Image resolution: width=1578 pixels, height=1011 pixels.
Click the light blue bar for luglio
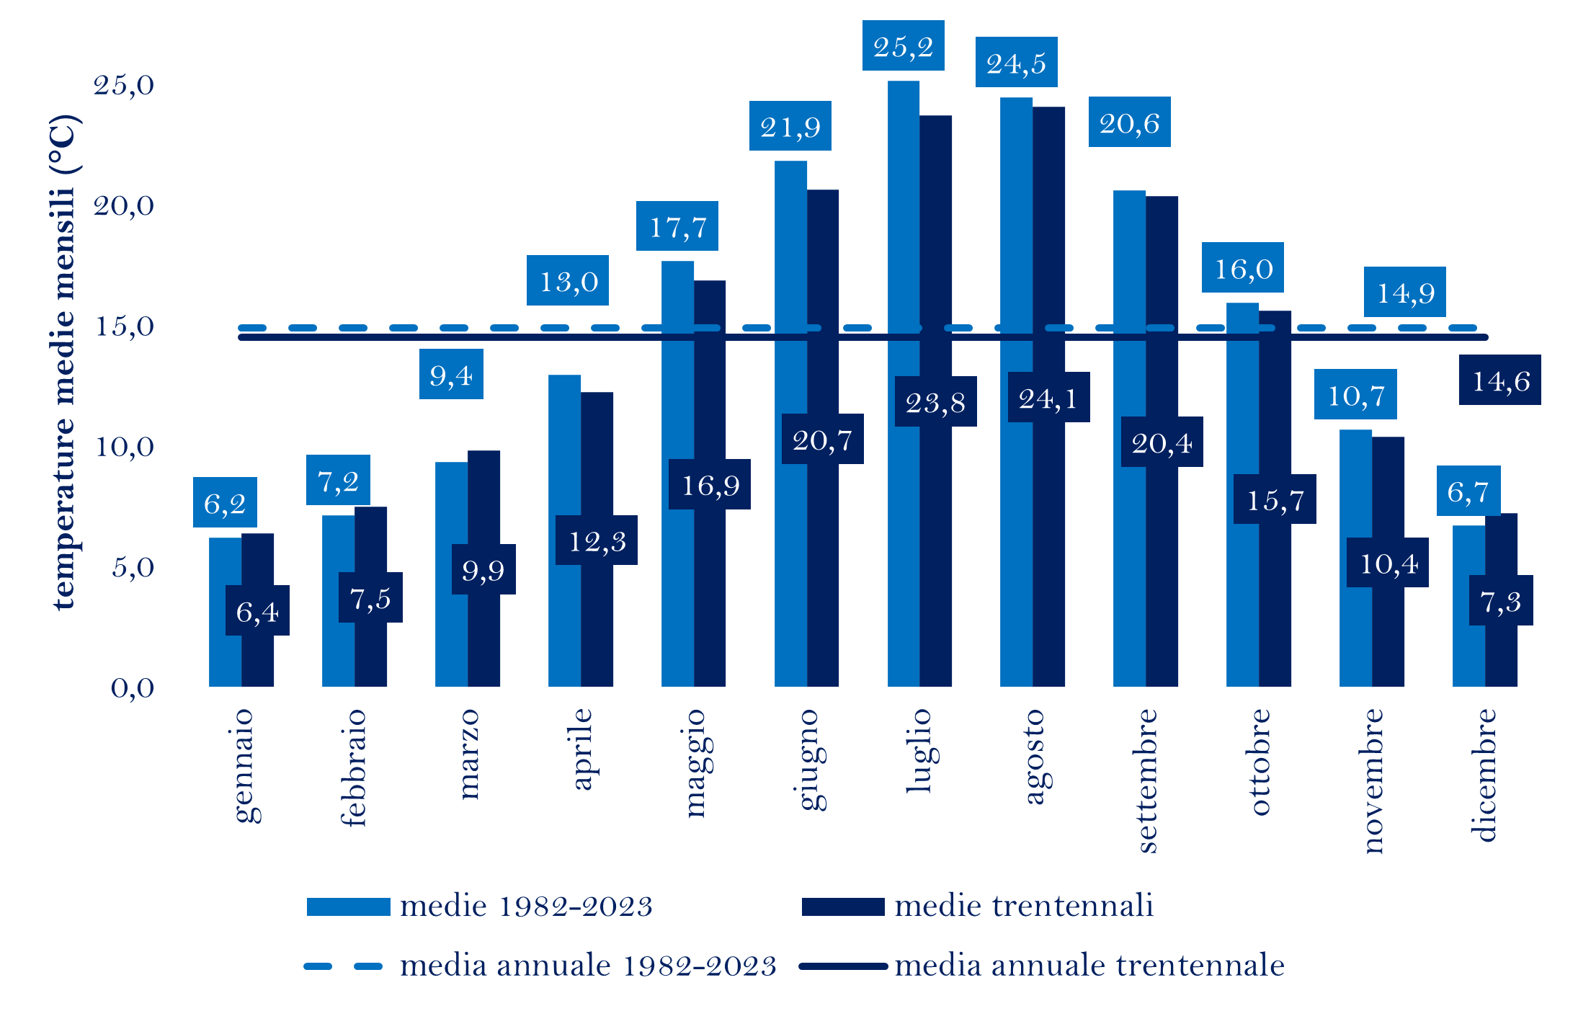coord(903,382)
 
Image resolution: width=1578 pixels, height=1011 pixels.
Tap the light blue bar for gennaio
coord(225,613)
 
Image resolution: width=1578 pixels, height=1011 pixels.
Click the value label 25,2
coord(903,46)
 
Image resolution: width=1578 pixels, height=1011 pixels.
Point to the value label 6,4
coord(257,611)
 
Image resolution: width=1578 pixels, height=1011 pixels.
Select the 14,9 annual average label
coord(1404,292)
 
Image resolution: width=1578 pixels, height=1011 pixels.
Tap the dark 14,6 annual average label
coord(1499,380)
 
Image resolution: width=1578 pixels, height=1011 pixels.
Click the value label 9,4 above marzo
coord(451,374)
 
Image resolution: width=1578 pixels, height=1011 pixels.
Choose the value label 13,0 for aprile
coord(568,280)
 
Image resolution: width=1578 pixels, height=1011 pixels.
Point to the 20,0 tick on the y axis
coord(124,206)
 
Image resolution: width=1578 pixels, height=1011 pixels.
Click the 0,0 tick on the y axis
coord(132,687)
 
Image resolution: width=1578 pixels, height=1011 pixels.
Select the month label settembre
coord(1146,780)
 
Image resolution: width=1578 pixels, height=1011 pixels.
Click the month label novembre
coord(1373,781)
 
